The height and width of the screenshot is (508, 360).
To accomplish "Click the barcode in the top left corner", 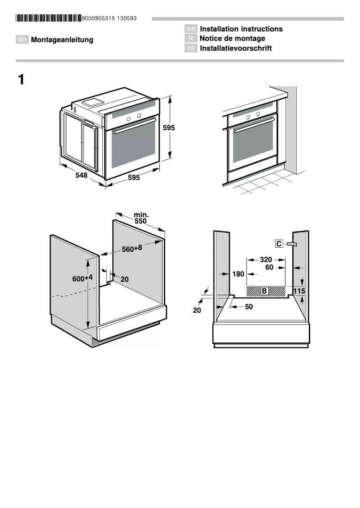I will [48, 18].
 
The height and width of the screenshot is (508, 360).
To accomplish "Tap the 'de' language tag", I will [22, 39].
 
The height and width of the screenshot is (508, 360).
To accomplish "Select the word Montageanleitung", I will [62, 39].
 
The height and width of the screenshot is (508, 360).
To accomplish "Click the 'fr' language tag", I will [191, 39].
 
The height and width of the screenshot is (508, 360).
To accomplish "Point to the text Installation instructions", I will [241, 29].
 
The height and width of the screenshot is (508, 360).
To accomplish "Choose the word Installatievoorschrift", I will [236, 48].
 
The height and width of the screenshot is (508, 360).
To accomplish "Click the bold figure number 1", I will [21, 80].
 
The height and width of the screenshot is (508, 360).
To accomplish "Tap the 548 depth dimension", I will [81, 175].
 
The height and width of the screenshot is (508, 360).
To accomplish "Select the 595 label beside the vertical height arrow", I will [169, 127].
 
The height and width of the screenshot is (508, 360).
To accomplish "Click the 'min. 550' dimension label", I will [140, 219].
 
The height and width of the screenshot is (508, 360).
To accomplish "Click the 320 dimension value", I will [266, 259].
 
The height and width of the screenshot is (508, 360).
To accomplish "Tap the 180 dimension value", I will [238, 274].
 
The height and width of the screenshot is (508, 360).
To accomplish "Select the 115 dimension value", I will [299, 291].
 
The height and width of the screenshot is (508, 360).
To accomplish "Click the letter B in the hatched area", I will [264, 291].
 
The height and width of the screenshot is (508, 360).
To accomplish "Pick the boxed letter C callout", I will [279, 244].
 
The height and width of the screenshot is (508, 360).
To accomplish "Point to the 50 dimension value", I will [249, 307].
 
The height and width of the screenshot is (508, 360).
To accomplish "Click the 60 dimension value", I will [269, 267].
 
